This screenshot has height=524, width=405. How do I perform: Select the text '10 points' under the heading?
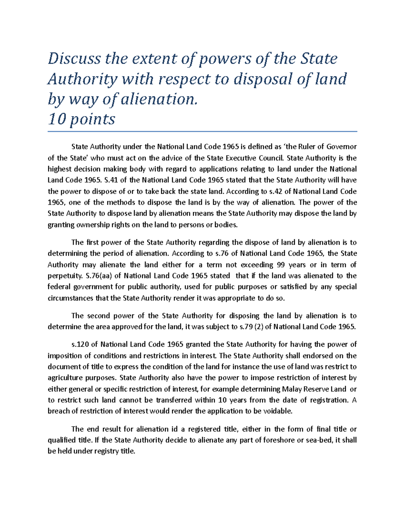pyautogui.click(x=81, y=119)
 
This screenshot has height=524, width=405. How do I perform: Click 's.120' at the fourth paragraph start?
pyautogui.click(x=80, y=344)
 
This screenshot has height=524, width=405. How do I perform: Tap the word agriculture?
pyautogui.click(x=64, y=378)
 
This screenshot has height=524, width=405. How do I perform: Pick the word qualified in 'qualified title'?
pyautogui.click(x=62, y=440)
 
